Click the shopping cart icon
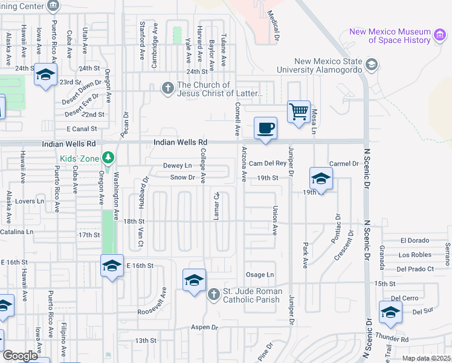pos(299,112)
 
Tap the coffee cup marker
pos(265,128)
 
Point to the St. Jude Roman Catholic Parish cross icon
pos(213,295)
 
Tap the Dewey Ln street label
pos(177,166)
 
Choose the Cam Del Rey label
pos(267,163)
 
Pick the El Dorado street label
pos(415,240)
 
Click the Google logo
pos(19,356)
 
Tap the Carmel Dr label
pos(344,164)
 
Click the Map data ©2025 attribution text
pos(425,358)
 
